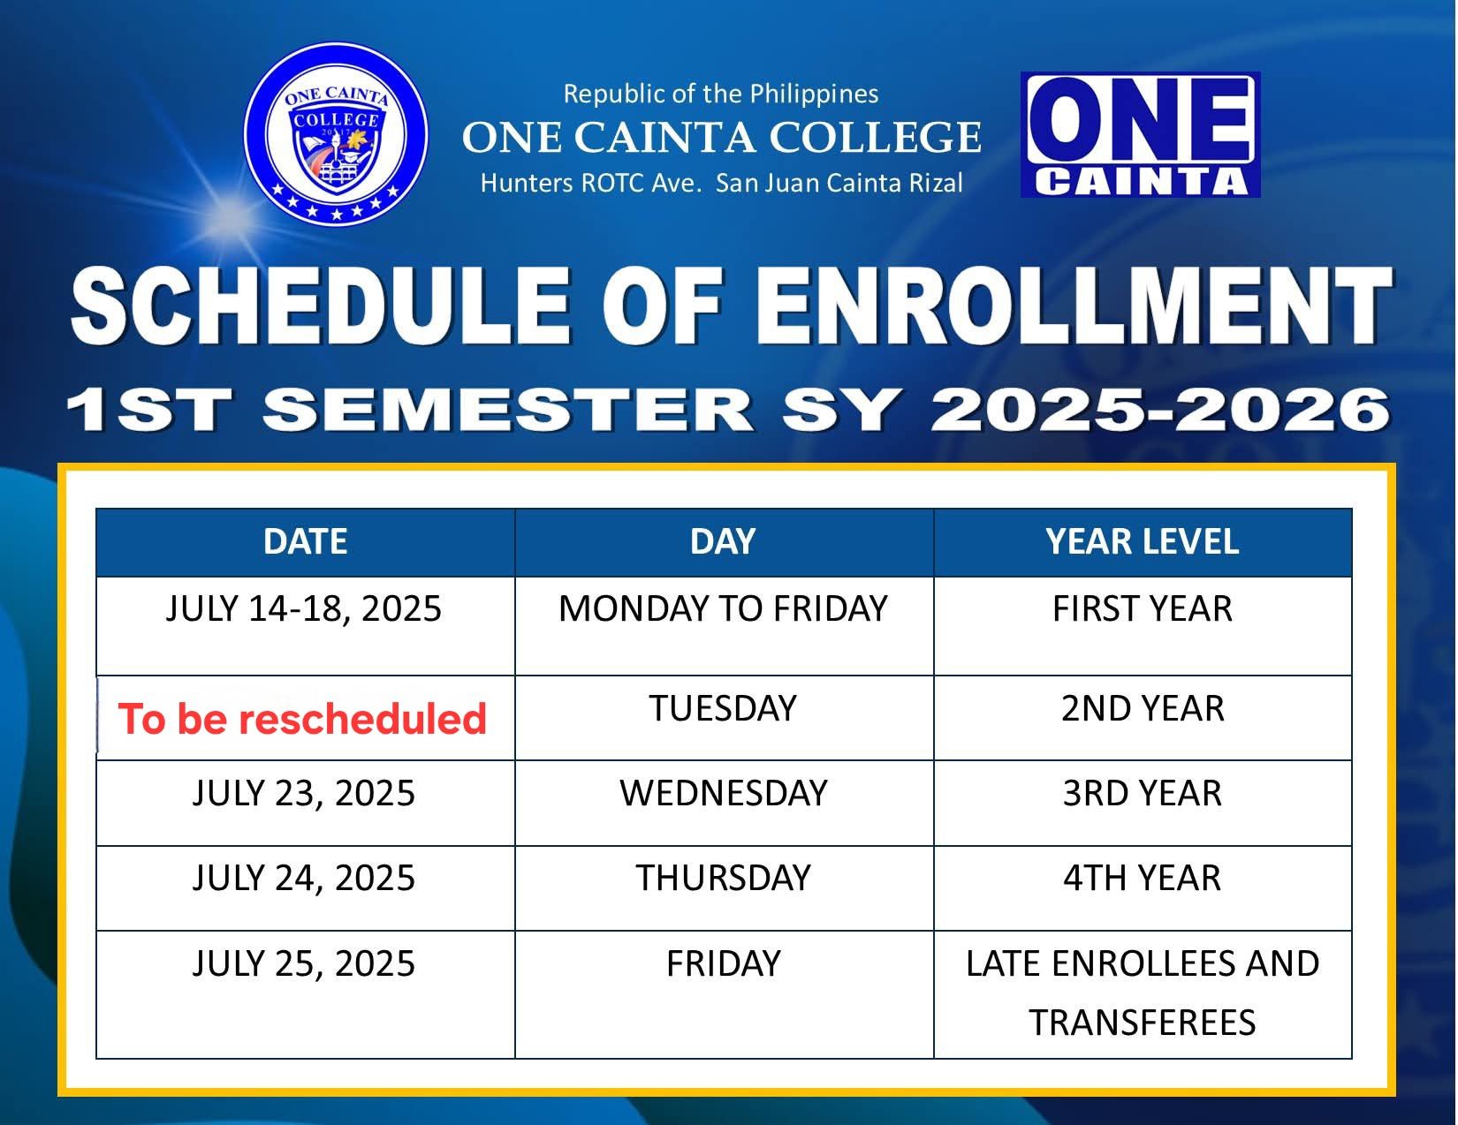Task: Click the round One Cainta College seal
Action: pyautogui.click(x=336, y=134)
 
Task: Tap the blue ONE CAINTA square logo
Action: pyautogui.click(x=1140, y=135)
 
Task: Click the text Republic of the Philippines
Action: pyautogui.click(x=721, y=94)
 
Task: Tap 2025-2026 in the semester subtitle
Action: pyautogui.click(x=1160, y=410)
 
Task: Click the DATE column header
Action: pyautogui.click(x=305, y=541)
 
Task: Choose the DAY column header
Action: pyautogui.click(x=723, y=541)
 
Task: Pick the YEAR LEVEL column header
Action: pyautogui.click(x=1142, y=541)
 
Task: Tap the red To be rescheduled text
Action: pyautogui.click(x=302, y=718)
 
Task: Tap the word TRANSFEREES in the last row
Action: pyautogui.click(x=1142, y=1023)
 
